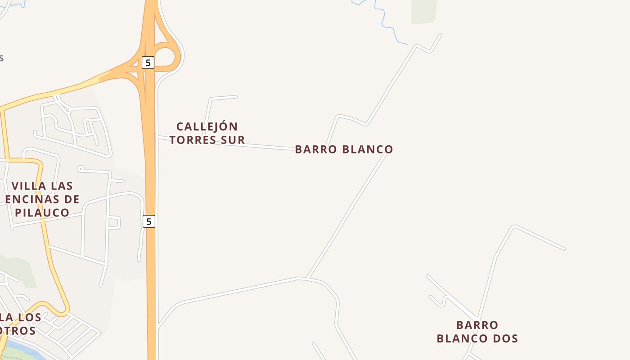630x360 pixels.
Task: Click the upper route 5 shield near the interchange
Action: tap(148, 63)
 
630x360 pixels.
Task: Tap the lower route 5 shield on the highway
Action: tap(149, 221)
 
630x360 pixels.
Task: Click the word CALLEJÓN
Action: tap(207, 126)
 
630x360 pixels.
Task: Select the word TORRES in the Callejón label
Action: tap(192, 140)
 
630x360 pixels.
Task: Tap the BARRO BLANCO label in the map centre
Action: tap(344, 149)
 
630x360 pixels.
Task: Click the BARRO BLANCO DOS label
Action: tap(477, 332)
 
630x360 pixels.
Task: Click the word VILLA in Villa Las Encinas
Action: tap(28, 186)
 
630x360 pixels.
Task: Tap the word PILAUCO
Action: tap(43, 212)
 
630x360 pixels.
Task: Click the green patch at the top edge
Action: tap(423, 12)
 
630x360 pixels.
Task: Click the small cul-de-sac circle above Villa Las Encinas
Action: tap(81, 169)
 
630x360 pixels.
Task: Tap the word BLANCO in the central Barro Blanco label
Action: tap(368, 149)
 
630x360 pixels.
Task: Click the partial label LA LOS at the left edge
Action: tap(20, 317)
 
